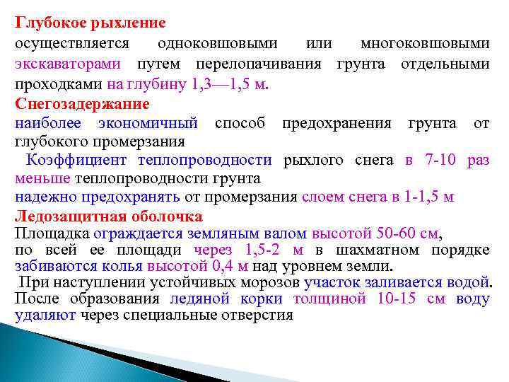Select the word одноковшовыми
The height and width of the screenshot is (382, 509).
pyautogui.click(x=217, y=43)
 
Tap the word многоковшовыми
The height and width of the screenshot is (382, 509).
pyautogui.click(x=424, y=43)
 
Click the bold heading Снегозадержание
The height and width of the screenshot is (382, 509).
pyautogui.click(x=81, y=104)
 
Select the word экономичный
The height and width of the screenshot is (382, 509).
pyautogui.click(x=153, y=124)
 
